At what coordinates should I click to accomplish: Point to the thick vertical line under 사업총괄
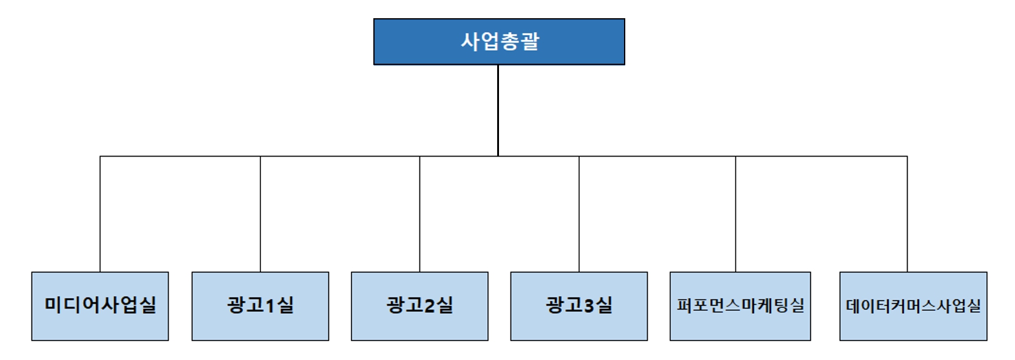coord(498,109)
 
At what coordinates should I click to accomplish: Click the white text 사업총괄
coord(500,41)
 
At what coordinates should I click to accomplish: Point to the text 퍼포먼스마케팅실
coord(740,305)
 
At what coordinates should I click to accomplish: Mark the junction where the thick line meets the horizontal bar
coord(498,156)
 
